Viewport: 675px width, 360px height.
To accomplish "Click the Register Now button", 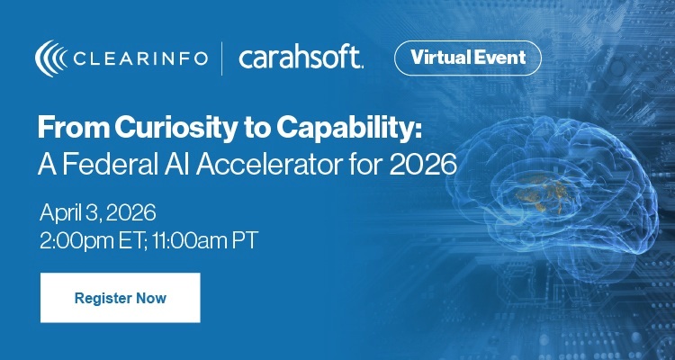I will [x=120, y=297].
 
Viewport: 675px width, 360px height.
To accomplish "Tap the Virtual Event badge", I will [x=468, y=58].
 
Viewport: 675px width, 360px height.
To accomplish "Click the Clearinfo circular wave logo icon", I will [x=49, y=58].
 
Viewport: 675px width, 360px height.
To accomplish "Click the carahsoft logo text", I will [x=301, y=58].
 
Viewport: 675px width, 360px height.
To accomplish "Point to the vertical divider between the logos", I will [x=221, y=58].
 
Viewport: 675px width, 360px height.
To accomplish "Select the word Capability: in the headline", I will [x=360, y=130].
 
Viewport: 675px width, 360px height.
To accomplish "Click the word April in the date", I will [x=61, y=213].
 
